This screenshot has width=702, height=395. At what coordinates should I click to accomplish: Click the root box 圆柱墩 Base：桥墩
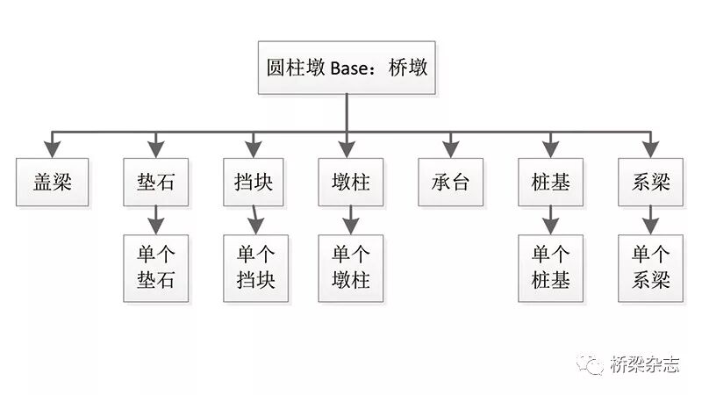[x=347, y=67]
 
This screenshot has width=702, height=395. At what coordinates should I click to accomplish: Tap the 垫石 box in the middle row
[x=155, y=182]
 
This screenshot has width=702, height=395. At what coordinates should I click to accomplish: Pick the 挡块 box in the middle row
[x=254, y=182]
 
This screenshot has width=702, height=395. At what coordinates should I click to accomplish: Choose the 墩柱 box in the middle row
[x=351, y=182]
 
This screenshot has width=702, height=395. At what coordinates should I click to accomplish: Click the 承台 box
[x=450, y=182]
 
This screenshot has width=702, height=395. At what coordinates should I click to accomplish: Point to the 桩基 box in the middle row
[x=550, y=182]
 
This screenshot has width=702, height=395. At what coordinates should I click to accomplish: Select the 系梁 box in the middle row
[x=650, y=182]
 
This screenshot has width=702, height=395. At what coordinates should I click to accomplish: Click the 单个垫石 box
[x=155, y=268]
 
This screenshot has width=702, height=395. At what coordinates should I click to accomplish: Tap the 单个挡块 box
[x=255, y=268]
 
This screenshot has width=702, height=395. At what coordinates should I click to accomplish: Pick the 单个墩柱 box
[x=351, y=268]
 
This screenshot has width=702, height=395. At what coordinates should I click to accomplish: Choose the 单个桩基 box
[x=550, y=268]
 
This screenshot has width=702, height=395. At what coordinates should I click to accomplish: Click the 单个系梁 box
[x=650, y=268]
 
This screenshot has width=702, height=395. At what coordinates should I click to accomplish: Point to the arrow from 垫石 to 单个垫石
[x=155, y=219]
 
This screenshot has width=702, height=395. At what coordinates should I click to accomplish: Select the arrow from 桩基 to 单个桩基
[x=550, y=219]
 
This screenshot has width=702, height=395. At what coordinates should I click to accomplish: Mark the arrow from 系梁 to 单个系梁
[x=650, y=219]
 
